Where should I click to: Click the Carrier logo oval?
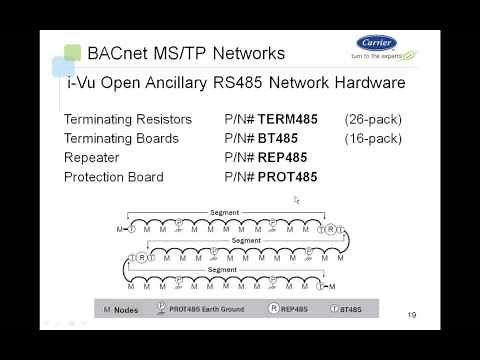(x=376, y=44)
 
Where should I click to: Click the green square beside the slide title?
(x=71, y=52)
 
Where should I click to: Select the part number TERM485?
(x=287, y=119)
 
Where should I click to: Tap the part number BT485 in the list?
(x=275, y=138)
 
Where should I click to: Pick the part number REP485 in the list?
(x=281, y=157)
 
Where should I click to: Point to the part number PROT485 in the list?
(x=286, y=177)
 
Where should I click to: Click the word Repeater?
(x=93, y=157)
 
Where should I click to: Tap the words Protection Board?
(x=113, y=177)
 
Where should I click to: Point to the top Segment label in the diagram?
(x=225, y=212)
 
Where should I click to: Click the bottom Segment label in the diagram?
(x=222, y=270)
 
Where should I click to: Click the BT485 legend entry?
(x=368, y=310)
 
